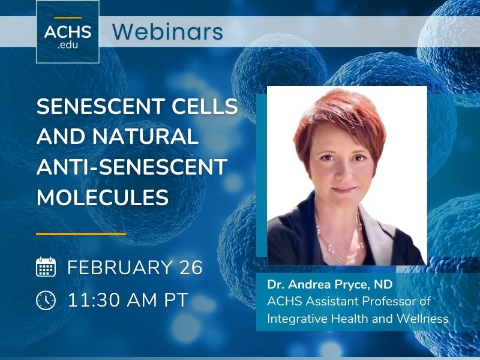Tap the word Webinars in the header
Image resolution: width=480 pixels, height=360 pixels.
point(167,31)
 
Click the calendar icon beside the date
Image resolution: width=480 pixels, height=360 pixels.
point(46,267)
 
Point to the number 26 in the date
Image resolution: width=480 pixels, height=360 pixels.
point(190,268)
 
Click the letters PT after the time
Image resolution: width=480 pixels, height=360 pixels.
point(175,298)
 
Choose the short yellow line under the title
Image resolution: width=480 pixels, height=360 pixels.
point(81,233)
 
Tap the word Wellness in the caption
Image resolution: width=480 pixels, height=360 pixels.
point(425,318)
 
